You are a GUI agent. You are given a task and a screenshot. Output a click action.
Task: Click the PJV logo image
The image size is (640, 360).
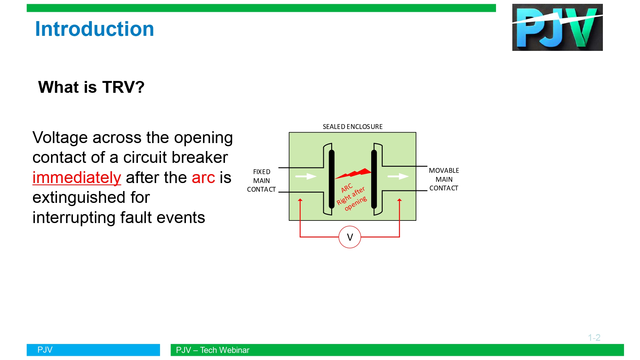click(x=557, y=27)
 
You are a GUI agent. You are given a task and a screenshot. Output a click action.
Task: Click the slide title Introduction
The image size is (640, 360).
click(x=95, y=29)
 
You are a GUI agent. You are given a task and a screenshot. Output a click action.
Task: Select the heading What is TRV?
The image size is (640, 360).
click(x=91, y=87)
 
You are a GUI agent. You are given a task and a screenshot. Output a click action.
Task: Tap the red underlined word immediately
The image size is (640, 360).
click(x=77, y=178)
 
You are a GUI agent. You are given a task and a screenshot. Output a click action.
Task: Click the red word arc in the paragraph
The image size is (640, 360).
click(x=204, y=178)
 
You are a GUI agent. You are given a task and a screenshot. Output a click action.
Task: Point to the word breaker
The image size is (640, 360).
click(x=200, y=157)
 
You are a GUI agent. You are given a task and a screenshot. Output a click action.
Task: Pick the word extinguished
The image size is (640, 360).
click(x=91, y=198)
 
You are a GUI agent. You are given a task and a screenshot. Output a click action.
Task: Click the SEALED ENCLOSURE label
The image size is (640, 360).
click(x=353, y=127)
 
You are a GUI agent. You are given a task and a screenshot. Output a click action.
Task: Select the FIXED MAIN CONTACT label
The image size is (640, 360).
click(x=261, y=180)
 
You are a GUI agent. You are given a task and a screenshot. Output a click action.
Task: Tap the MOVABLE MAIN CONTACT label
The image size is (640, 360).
click(x=444, y=179)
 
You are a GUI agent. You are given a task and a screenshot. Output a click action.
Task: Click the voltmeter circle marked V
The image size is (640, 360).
click(x=350, y=237)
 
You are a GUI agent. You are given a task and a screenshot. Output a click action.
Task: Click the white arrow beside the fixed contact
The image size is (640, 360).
click(x=306, y=176)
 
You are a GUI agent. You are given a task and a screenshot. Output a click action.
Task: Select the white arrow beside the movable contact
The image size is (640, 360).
click(x=398, y=176)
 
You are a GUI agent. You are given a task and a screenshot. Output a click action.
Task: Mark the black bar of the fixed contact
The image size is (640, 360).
click(x=332, y=179)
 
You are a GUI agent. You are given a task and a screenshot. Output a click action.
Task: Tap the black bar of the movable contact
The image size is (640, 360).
click(x=374, y=179)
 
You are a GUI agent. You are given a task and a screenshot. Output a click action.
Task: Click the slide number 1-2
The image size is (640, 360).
click(x=594, y=338)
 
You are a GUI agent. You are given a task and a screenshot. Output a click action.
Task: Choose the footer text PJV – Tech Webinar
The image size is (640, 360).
click(x=212, y=350)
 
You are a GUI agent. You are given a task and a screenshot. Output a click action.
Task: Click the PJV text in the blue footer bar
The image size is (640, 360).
click(x=45, y=350)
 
